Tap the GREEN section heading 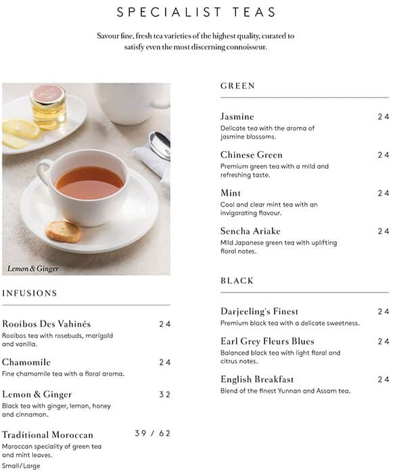point(237,86)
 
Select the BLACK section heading point(237,280)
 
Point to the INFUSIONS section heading point(29,293)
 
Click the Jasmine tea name point(237,116)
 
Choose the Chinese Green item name point(252,155)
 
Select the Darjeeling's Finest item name point(259,311)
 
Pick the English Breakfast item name point(257,379)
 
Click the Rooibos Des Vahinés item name point(46,324)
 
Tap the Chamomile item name point(26,362)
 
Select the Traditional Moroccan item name point(47,435)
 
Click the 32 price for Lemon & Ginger point(164,394)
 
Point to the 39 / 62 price point(152,433)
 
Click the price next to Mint point(383,193)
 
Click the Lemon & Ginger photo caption point(33,269)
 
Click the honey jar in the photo point(48,106)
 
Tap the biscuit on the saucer point(63,231)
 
